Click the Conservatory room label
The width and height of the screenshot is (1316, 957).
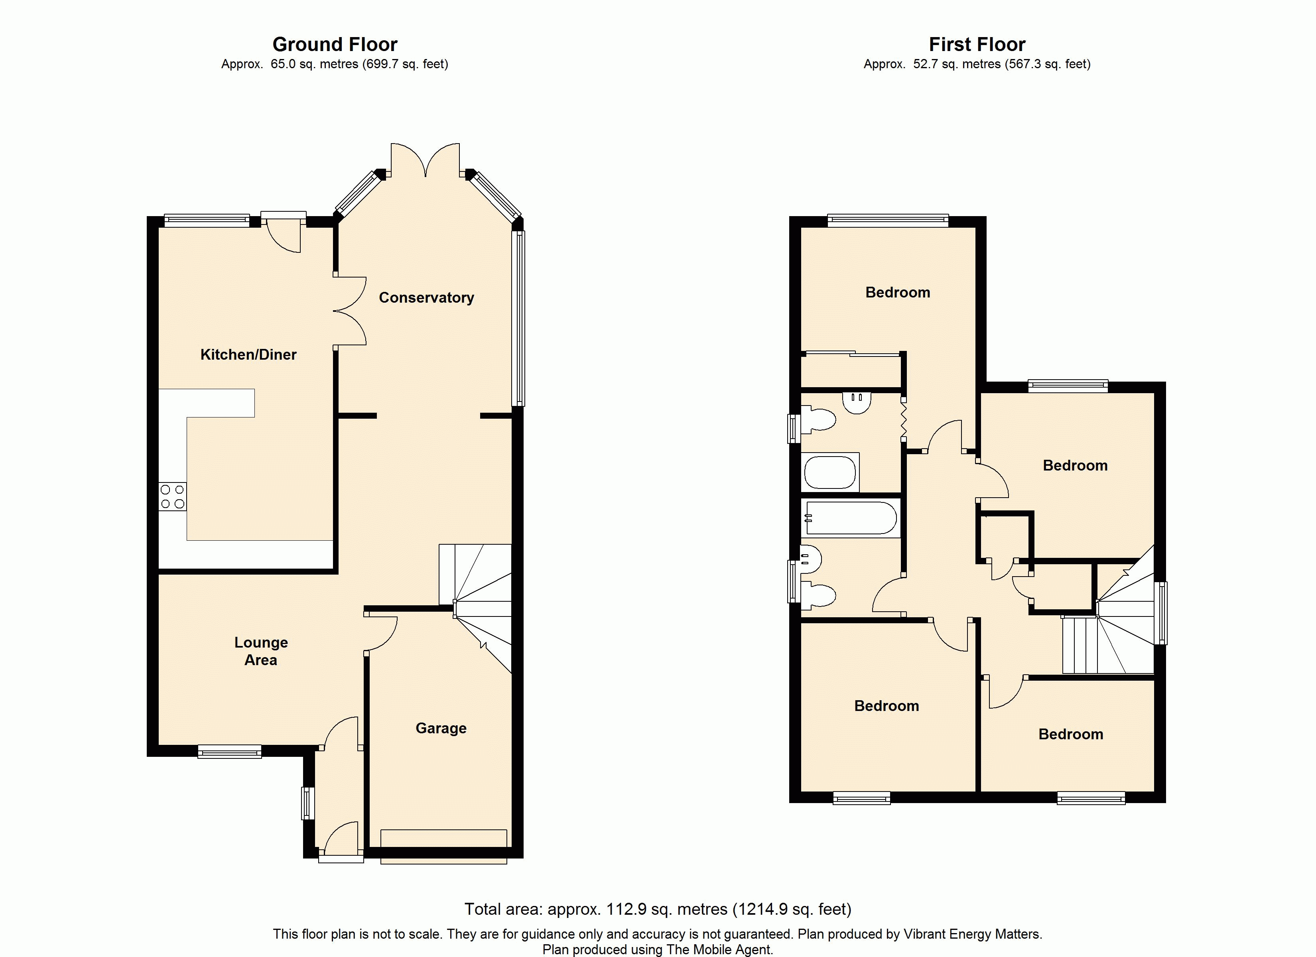426,298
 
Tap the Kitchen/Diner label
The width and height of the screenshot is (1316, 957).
248,354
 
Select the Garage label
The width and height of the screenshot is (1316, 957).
441,729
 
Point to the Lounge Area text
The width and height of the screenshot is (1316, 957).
261,651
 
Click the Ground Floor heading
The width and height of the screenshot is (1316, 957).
335,44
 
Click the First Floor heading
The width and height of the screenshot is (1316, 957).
977,44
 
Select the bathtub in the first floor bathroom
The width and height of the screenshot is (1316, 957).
851,518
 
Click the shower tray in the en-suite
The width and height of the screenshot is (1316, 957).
830,473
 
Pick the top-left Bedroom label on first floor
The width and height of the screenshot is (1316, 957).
898,293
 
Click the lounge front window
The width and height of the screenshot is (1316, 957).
230,752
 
